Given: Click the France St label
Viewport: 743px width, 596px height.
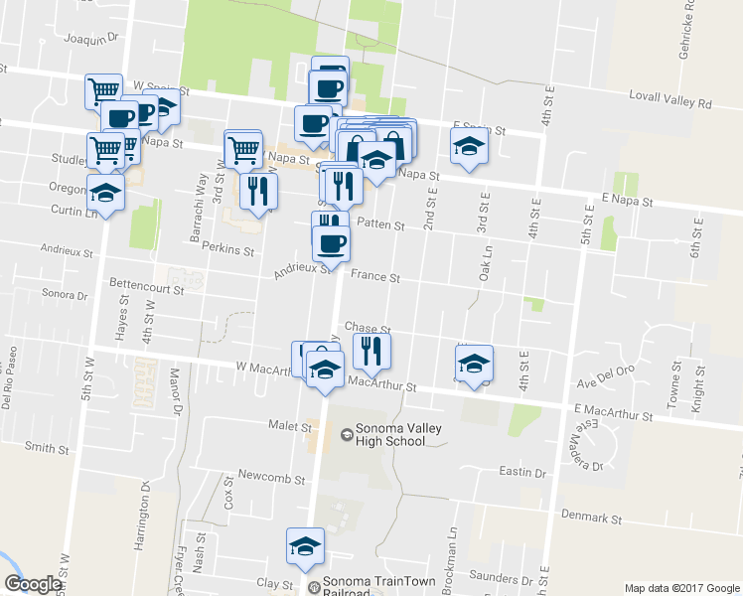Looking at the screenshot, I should pyautogui.click(x=374, y=279).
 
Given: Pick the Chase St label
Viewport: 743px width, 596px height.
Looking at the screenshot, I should pyautogui.click(x=368, y=328).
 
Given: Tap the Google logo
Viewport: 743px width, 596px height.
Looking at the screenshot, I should pyautogui.click(x=33, y=584).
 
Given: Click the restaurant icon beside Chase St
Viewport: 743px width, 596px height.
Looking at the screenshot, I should pyautogui.click(x=371, y=349).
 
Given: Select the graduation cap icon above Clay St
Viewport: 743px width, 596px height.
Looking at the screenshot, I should pyautogui.click(x=305, y=544).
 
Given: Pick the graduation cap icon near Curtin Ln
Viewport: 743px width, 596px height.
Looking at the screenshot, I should pyautogui.click(x=106, y=192).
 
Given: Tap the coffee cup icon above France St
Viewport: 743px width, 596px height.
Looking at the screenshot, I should pyautogui.click(x=331, y=242).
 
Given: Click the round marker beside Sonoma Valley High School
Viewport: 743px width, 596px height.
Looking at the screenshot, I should pyautogui.click(x=347, y=434).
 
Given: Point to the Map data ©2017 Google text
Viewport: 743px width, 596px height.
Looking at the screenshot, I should pyautogui.click(x=681, y=588).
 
